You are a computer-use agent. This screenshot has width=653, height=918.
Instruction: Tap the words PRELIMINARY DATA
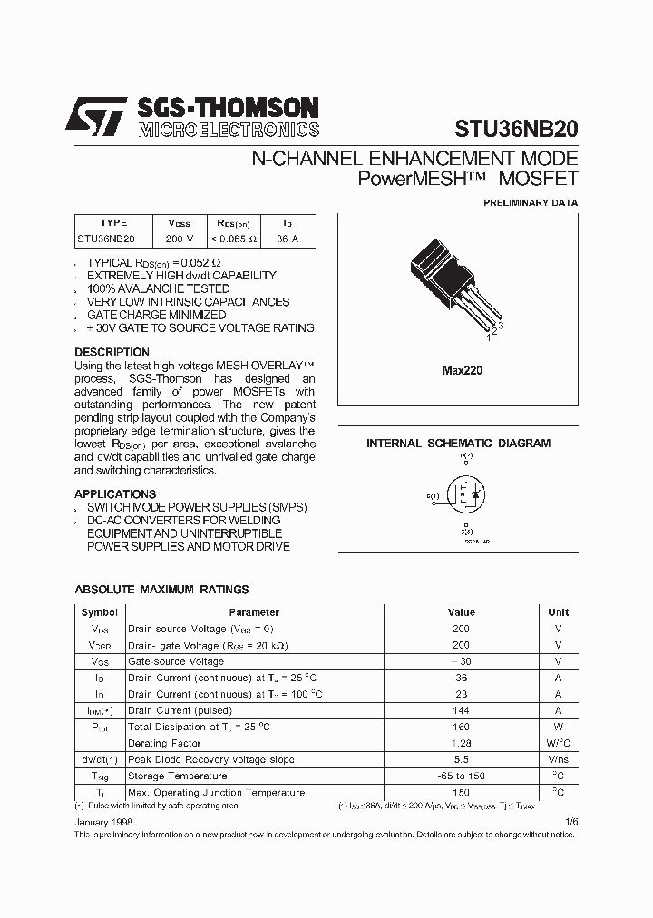[x=530, y=203]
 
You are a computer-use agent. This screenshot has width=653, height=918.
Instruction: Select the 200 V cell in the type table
[x=180, y=239]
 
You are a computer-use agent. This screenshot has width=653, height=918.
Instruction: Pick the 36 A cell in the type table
[x=287, y=239]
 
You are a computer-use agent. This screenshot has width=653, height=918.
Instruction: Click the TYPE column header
[x=113, y=222]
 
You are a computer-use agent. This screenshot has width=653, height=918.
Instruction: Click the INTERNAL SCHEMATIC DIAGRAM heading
[x=458, y=444]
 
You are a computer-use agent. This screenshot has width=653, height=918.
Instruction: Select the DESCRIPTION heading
[x=112, y=352]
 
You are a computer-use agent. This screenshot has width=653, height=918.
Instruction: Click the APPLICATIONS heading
[x=115, y=493]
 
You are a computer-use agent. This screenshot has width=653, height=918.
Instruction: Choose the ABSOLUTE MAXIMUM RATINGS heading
[x=161, y=590]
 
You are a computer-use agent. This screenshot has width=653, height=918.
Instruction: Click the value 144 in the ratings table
[x=461, y=710]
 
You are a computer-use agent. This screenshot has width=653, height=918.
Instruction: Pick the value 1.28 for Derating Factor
[x=461, y=743]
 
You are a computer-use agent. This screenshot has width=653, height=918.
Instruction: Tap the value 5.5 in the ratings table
[x=461, y=759]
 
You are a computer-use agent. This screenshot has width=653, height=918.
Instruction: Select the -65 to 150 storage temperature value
[x=461, y=776]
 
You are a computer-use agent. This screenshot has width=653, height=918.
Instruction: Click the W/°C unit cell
[x=558, y=743]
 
